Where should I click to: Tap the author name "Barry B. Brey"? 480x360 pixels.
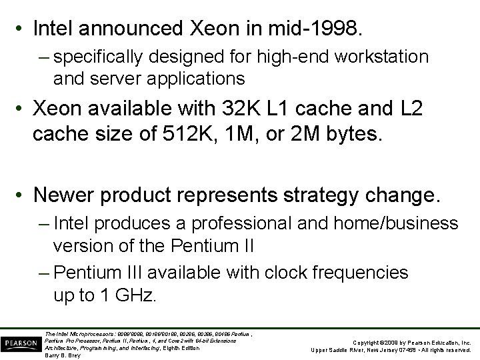[x=62, y=355]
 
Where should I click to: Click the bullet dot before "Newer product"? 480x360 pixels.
[x=22, y=196]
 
